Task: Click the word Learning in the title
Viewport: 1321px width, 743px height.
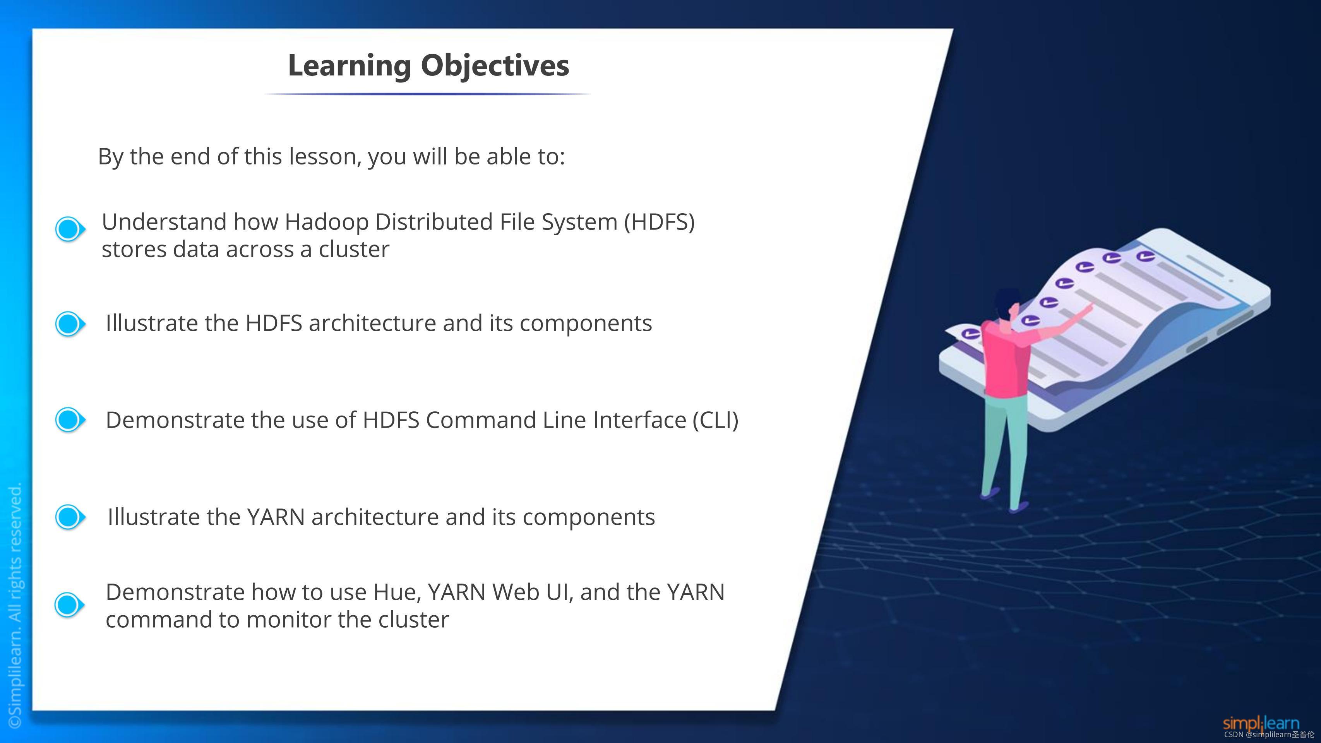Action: coord(349,66)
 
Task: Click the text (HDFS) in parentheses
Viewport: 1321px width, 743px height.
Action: coord(659,223)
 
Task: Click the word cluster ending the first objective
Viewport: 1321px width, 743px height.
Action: coord(354,250)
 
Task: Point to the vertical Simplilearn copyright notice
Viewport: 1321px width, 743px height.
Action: coord(15,605)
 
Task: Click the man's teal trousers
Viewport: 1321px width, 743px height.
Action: coord(1005,446)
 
